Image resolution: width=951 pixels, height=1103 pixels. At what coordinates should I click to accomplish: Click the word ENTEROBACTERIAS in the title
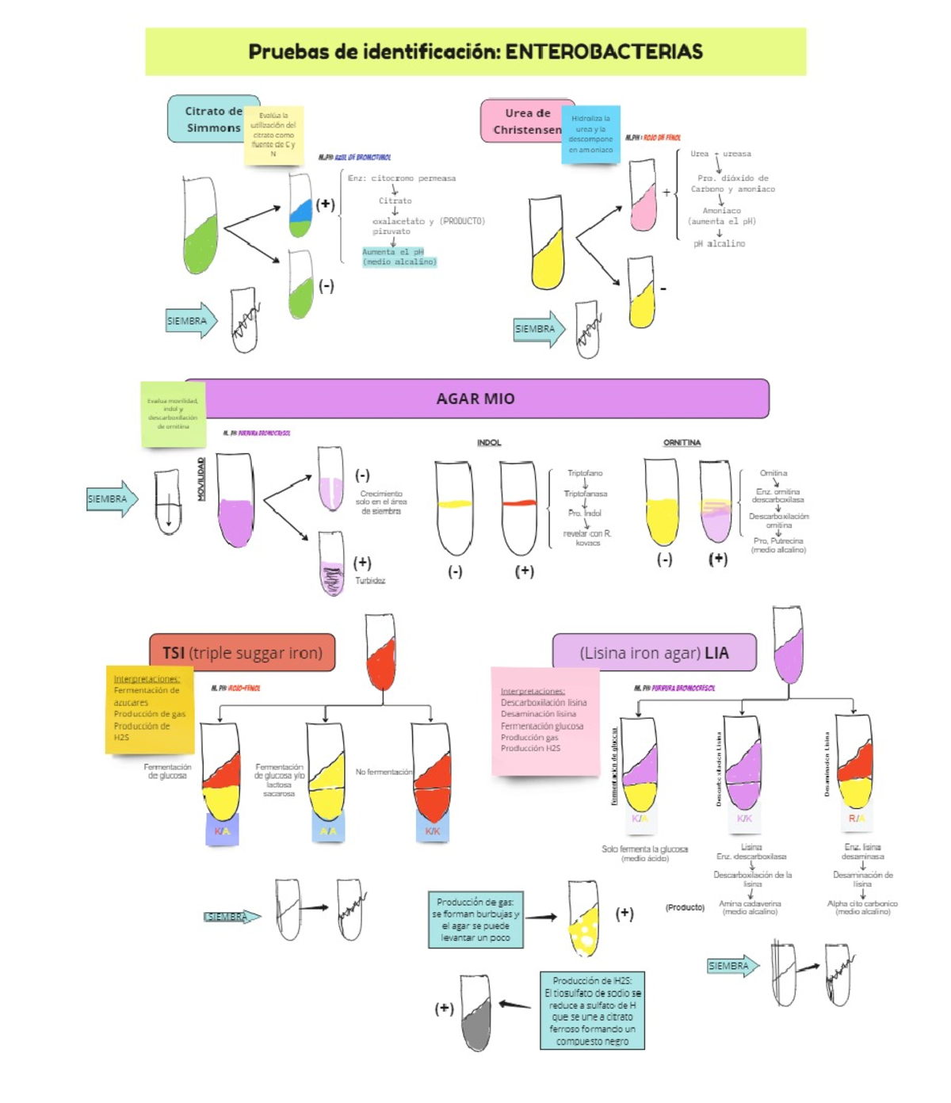pyautogui.click(x=604, y=52)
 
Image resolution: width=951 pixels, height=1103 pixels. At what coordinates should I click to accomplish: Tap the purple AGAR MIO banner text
pyautogui.click(x=475, y=399)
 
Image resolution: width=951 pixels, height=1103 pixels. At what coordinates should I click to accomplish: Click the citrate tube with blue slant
pyautogui.click(x=300, y=208)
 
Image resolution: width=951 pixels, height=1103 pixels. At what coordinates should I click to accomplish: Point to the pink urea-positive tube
pyautogui.click(x=643, y=197)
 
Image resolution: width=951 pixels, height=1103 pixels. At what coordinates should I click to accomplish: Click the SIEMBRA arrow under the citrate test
pyautogui.click(x=191, y=321)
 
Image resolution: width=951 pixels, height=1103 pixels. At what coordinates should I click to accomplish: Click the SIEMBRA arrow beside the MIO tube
pyautogui.click(x=112, y=499)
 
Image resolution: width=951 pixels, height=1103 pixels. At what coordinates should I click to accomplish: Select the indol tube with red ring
pyautogui.click(x=518, y=508)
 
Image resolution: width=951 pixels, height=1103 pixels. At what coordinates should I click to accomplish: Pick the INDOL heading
pyautogui.click(x=489, y=443)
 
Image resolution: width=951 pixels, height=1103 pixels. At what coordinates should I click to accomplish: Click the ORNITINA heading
pyautogui.click(x=682, y=443)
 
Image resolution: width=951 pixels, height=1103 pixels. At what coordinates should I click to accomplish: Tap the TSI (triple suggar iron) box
pyautogui.click(x=243, y=653)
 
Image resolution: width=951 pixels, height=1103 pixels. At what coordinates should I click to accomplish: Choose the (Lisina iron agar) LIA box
pyautogui.click(x=654, y=653)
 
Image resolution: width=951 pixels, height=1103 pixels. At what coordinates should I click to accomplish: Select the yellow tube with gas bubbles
pyautogui.click(x=584, y=920)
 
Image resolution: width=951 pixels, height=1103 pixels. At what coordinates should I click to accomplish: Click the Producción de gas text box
pyautogui.click(x=475, y=920)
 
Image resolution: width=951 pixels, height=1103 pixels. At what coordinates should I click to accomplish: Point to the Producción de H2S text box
pyautogui.click(x=592, y=1010)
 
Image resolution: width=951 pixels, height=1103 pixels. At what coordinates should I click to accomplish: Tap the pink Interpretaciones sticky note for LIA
pyautogui.click(x=544, y=720)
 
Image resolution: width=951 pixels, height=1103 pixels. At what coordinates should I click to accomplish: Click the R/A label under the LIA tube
pyautogui.click(x=857, y=819)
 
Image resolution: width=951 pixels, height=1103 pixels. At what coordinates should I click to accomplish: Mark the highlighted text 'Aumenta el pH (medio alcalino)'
pyautogui.click(x=399, y=257)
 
